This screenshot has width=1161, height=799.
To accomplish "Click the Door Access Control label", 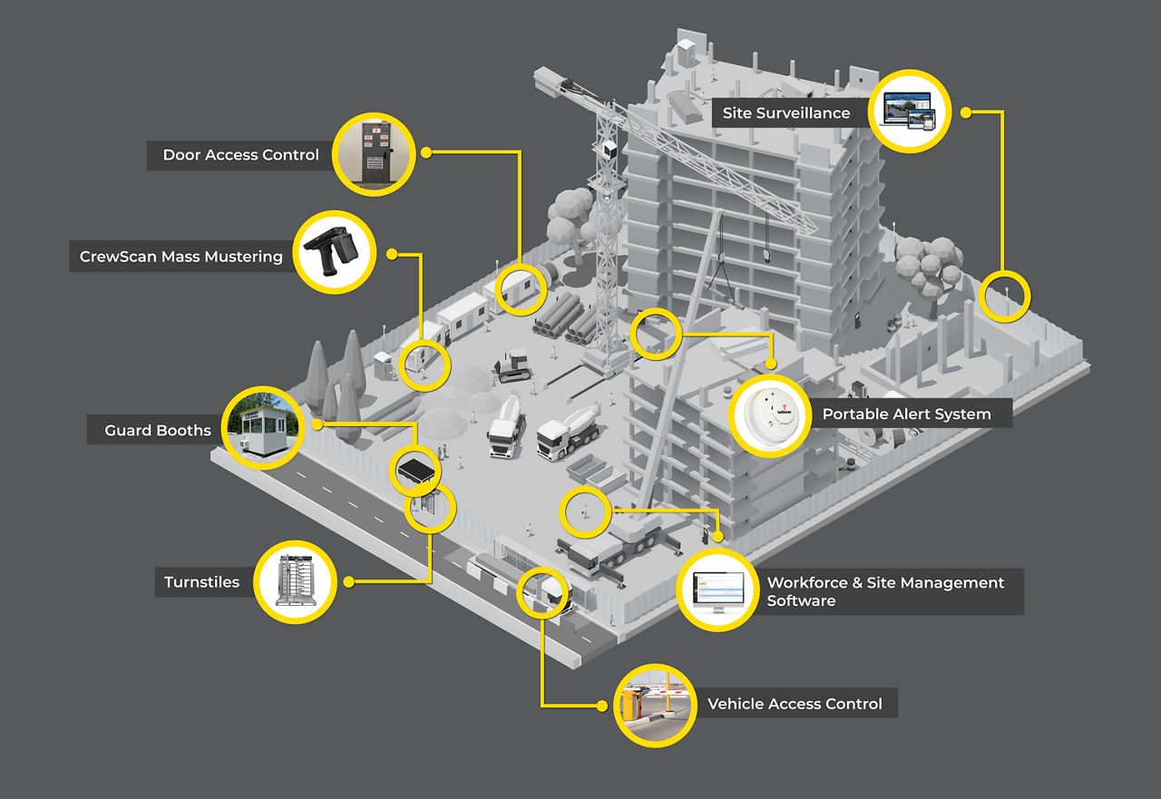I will [240, 155].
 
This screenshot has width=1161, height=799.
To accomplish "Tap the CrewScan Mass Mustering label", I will [181, 257].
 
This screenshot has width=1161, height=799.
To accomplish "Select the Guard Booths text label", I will [158, 430].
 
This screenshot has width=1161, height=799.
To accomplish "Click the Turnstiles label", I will [201, 582].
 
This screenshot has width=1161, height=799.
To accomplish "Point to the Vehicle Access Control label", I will [795, 704].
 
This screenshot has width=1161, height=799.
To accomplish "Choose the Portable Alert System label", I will [906, 414].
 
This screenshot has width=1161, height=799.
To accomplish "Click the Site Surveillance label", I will [785, 113].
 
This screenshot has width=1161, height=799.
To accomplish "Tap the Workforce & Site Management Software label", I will [885, 591].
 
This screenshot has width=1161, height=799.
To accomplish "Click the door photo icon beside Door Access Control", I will [373, 154].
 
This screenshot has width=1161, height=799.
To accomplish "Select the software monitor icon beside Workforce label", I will [717, 590].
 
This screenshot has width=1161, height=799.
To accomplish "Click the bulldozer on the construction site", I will [512, 365].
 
